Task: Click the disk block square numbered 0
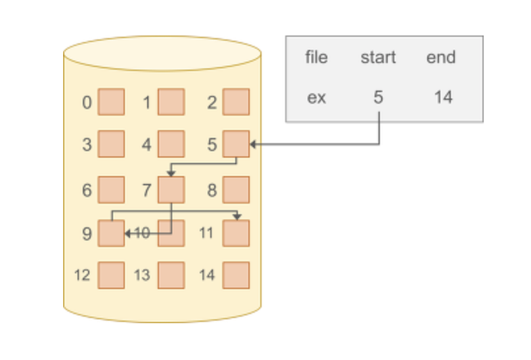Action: (x=111, y=102)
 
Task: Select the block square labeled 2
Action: (x=236, y=102)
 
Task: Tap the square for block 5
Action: (x=236, y=144)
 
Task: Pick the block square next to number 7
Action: (x=171, y=191)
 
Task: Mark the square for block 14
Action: (x=236, y=275)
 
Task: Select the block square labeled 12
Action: (x=111, y=275)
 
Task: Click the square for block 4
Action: (x=171, y=144)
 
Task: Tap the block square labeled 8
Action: (x=236, y=191)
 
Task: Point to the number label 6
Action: (x=87, y=191)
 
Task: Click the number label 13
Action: (x=142, y=275)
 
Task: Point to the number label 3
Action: (x=87, y=145)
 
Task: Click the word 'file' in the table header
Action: (x=316, y=57)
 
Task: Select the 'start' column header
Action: (x=378, y=57)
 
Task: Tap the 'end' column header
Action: (x=440, y=57)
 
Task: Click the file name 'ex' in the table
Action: (x=316, y=97)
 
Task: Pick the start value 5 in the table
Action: (x=378, y=97)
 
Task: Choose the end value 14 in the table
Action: (x=443, y=97)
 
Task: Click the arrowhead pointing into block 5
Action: (x=253, y=145)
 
